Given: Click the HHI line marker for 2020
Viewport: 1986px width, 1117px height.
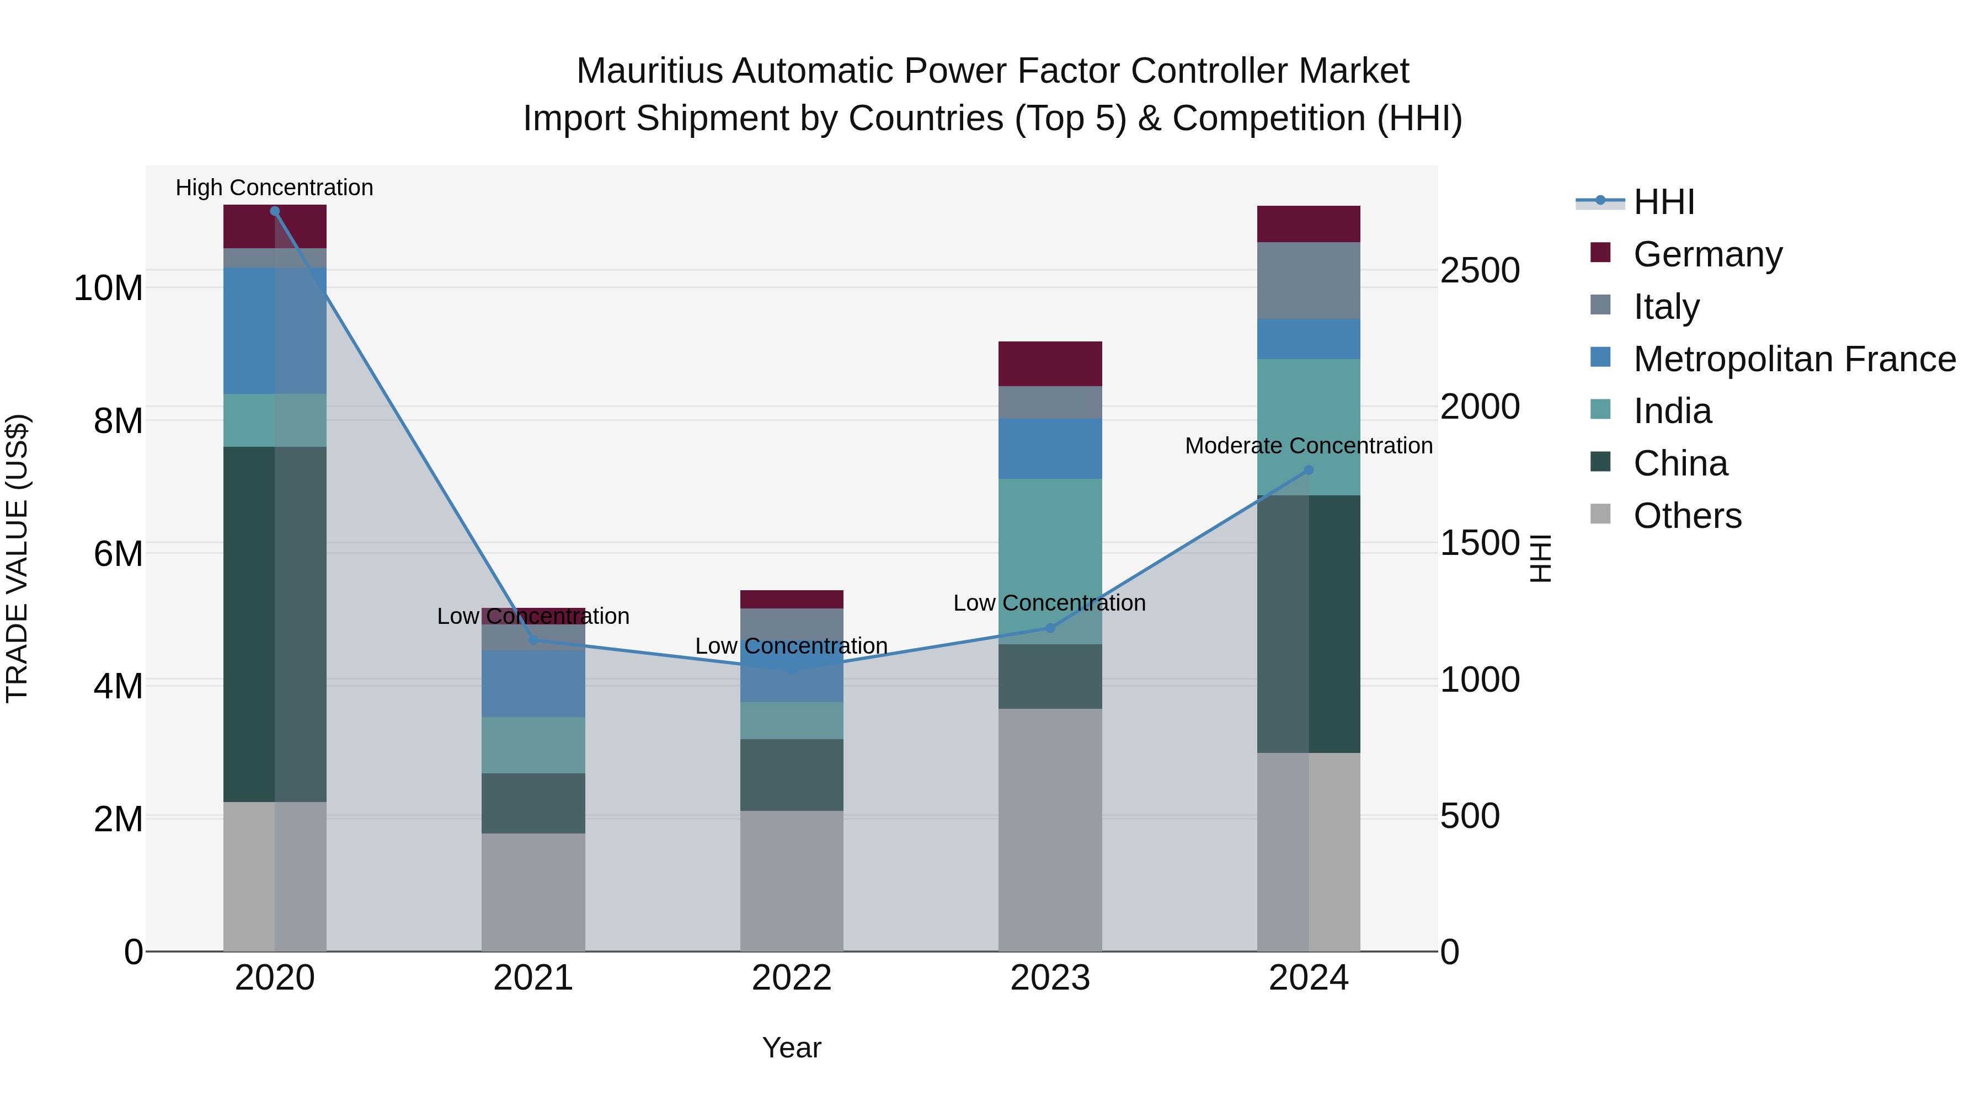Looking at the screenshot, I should point(275,211).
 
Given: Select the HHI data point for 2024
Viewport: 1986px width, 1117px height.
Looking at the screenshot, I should point(1309,470).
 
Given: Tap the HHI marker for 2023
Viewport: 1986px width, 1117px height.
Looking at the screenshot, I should point(1050,628).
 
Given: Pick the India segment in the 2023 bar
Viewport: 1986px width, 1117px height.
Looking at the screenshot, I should point(1050,561).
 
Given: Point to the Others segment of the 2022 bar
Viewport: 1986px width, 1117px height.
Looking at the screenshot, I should point(791,880).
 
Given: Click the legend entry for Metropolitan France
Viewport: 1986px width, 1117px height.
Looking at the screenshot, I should point(1794,359).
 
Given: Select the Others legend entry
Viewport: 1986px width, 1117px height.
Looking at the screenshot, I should point(1687,516).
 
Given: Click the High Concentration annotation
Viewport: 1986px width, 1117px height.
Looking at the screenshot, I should point(275,188).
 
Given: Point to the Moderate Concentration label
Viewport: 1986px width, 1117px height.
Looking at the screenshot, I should point(1309,446).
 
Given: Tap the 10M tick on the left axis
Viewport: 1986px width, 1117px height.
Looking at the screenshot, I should point(108,288).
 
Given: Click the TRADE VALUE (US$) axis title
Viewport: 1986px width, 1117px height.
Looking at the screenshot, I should point(17,558).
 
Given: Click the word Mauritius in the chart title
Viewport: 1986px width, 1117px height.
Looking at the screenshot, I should point(649,71).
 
